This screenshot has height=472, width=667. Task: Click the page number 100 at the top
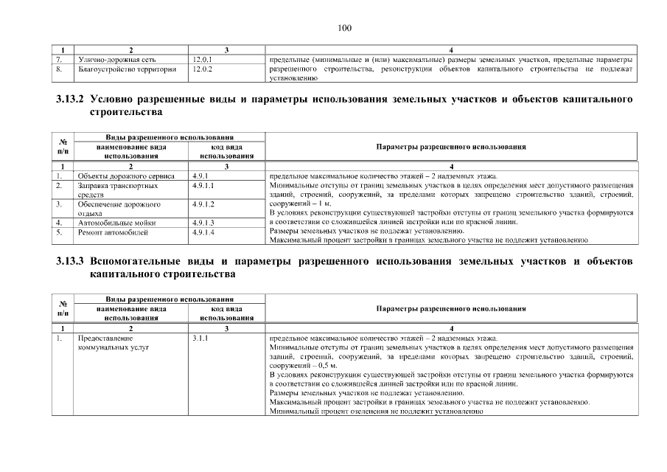(345, 28)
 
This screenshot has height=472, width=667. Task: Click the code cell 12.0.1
(202, 58)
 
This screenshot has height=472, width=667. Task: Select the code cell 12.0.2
(202, 68)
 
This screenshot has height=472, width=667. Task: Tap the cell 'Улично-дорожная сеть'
(115, 58)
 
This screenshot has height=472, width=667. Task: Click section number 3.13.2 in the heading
(71, 98)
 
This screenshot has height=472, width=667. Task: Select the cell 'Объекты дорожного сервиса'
(126, 176)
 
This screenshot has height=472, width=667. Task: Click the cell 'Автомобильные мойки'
(114, 222)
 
